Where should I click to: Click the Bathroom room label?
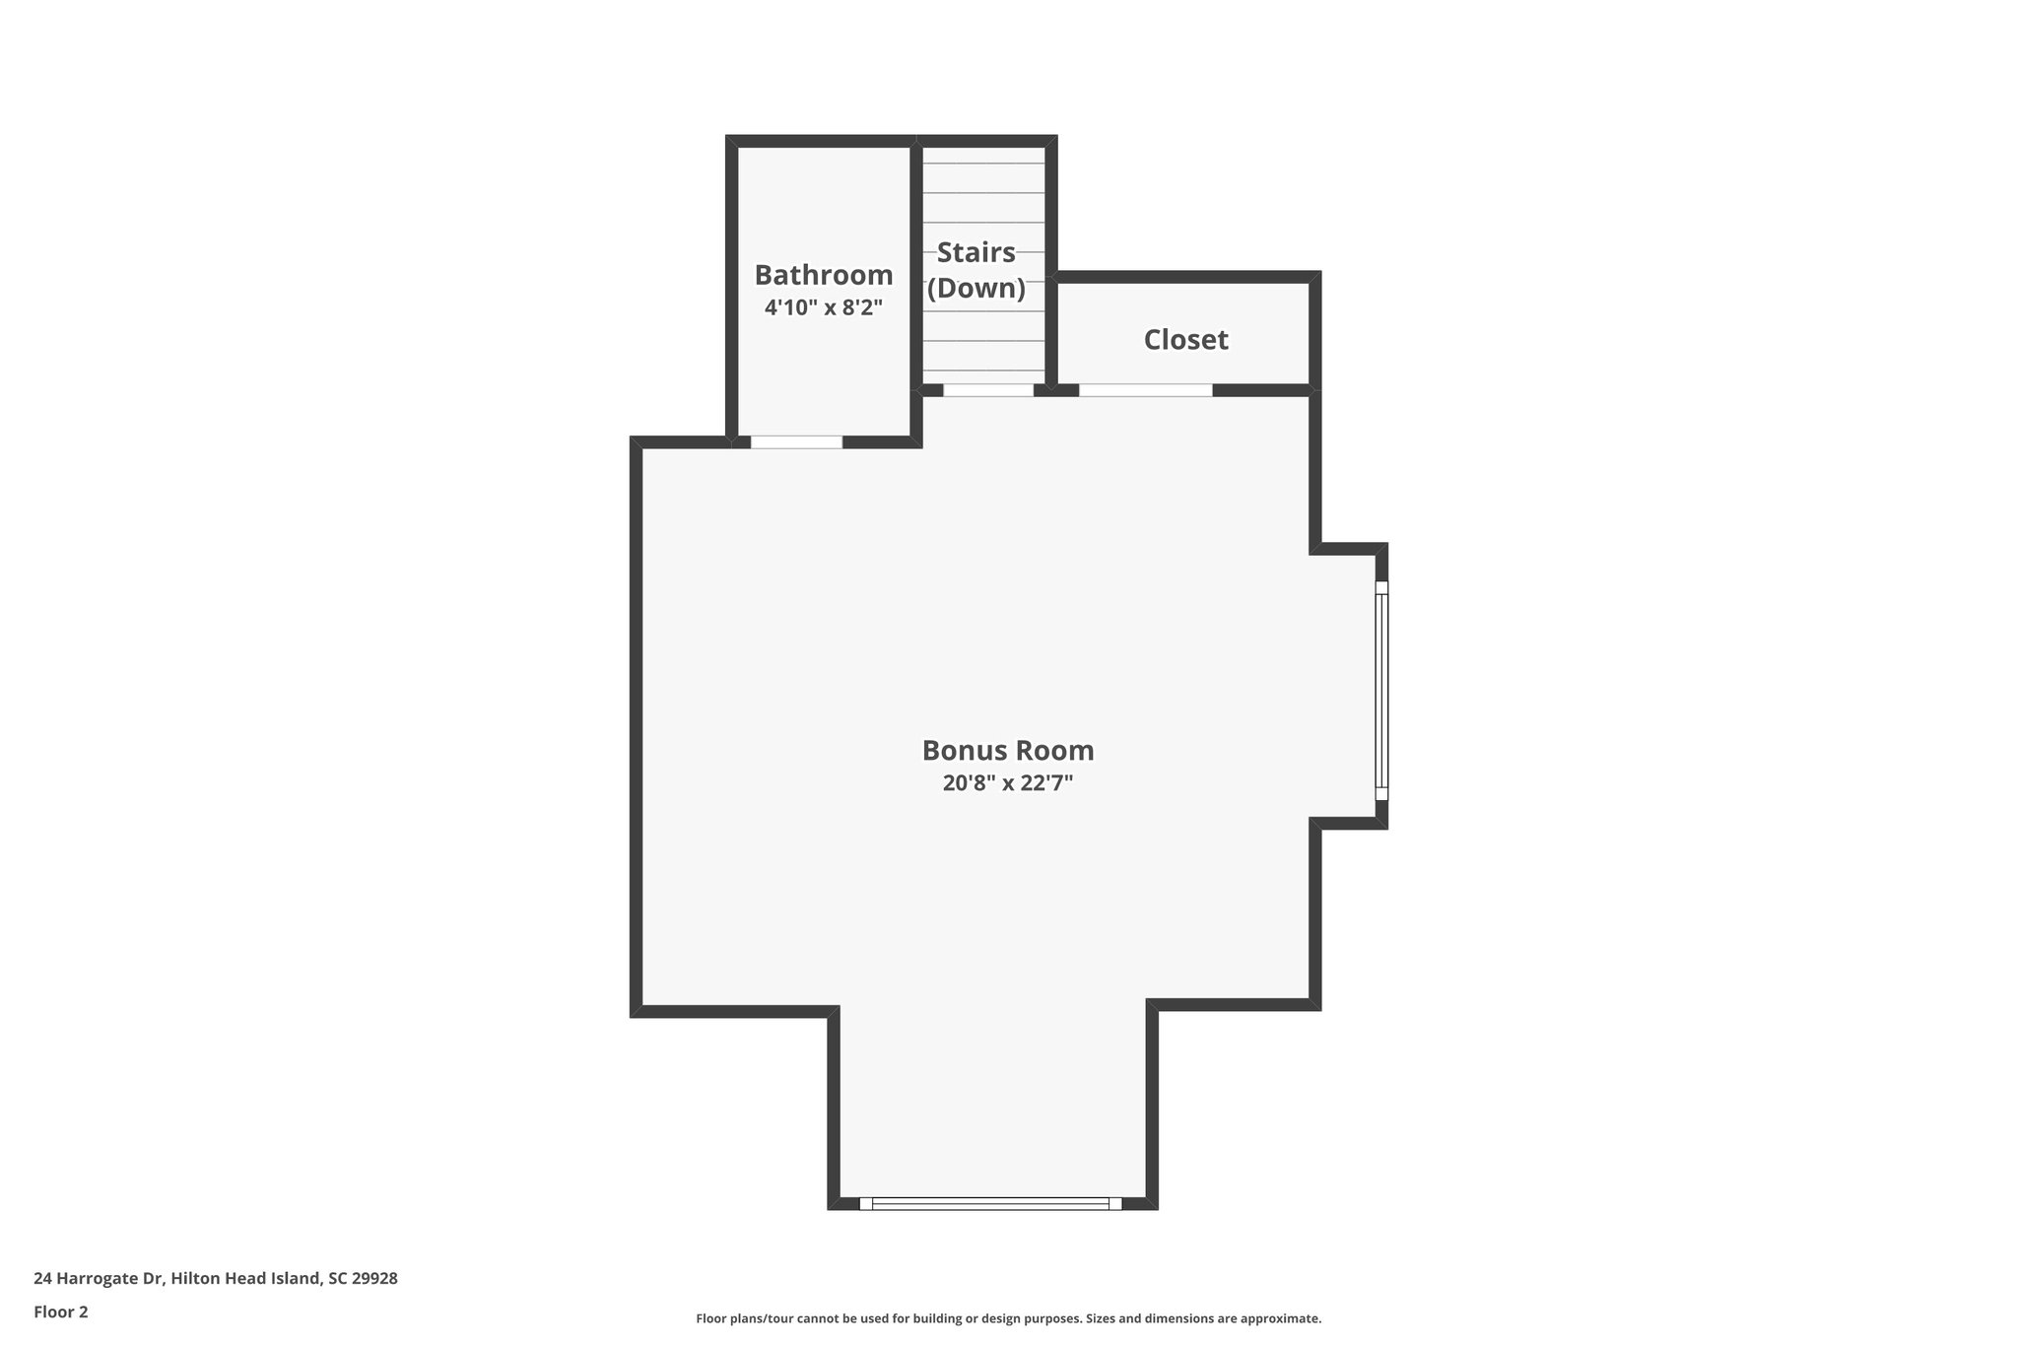824,275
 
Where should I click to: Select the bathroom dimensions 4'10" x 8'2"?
824,307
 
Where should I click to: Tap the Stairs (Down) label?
976,270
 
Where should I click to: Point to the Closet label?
1185,340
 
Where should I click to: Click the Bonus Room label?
1008,751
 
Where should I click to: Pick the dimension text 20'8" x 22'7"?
1008,783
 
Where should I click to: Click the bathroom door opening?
796,442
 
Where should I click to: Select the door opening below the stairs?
988,390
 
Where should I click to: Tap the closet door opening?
1145,390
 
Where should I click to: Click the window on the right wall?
1381,690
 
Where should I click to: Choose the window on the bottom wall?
990,1203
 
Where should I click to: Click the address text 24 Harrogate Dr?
99,1278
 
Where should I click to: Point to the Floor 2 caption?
61,1311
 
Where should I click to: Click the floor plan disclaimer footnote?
1008,1318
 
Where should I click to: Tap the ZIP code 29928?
375,1278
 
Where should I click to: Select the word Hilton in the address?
193,1278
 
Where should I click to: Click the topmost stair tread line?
983,163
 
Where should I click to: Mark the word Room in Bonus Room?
1054,751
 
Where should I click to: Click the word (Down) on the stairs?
976,289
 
